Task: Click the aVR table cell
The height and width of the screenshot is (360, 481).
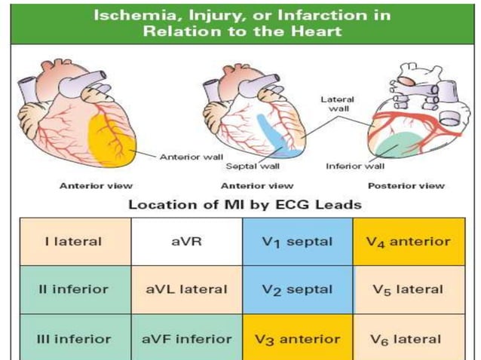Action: [x=186, y=242]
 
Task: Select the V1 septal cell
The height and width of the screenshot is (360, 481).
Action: [x=297, y=242]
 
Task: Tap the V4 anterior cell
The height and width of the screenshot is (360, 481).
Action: [x=408, y=242]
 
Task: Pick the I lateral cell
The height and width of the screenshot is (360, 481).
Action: [x=75, y=242]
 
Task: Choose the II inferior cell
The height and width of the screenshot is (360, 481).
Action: [x=75, y=289]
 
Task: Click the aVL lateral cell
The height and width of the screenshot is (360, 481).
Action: [x=186, y=289]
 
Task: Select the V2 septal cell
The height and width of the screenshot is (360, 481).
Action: [x=297, y=289]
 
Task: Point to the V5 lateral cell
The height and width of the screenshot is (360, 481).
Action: [x=408, y=289]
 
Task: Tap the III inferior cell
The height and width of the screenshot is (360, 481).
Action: [x=75, y=339]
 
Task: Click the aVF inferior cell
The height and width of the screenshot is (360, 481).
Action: [x=186, y=339]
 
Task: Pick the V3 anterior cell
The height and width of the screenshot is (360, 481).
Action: [x=297, y=339]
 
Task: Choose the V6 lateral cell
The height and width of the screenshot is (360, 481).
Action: [x=408, y=339]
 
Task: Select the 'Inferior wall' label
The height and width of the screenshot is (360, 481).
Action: [x=355, y=166]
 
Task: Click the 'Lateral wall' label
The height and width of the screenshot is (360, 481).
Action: [x=337, y=104]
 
